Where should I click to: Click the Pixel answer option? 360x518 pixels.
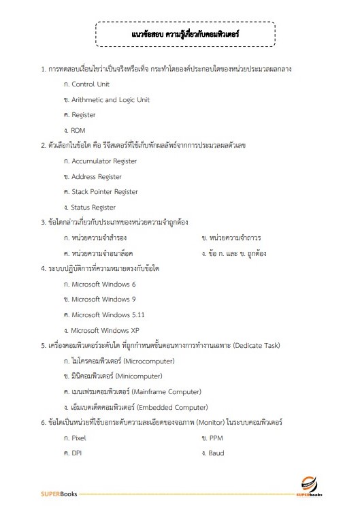tap(78, 438)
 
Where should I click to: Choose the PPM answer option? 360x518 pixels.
tap(216, 438)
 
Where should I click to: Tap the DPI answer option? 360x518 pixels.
tap(77, 453)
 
